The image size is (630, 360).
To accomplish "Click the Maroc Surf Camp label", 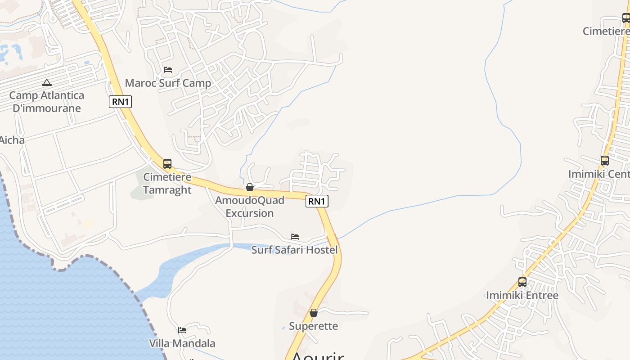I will click(x=168, y=83).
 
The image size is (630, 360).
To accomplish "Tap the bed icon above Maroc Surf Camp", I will click(x=168, y=70).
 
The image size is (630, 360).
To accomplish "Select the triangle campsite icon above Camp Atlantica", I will click(x=46, y=82).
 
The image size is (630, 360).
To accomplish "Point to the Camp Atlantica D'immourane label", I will click(x=47, y=102).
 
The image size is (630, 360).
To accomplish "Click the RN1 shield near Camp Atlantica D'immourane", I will click(x=120, y=102).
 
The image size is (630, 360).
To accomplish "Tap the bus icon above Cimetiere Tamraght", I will click(x=167, y=164).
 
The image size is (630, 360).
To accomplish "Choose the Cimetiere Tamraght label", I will click(x=167, y=184).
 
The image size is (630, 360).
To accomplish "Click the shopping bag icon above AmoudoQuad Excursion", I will click(x=250, y=187).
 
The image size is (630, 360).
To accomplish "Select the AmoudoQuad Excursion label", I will click(x=250, y=207).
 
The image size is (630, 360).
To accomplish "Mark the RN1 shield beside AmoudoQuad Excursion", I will click(x=317, y=201).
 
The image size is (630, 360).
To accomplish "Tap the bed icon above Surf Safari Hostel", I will click(x=295, y=236).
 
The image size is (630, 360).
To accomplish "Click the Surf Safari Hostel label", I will click(x=294, y=250).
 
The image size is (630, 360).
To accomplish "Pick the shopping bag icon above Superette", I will click(x=314, y=313).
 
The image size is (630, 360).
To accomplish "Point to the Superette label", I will click(x=313, y=326).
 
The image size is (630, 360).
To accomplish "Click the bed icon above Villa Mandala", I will click(x=182, y=330).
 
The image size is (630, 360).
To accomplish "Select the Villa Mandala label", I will click(x=182, y=343).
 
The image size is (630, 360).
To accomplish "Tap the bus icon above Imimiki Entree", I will click(x=522, y=282).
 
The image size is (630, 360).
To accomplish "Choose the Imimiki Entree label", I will click(x=522, y=296).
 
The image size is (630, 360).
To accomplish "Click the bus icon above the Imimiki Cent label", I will click(x=605, y=161).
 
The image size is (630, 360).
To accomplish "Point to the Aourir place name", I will click(x=318, y=355).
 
